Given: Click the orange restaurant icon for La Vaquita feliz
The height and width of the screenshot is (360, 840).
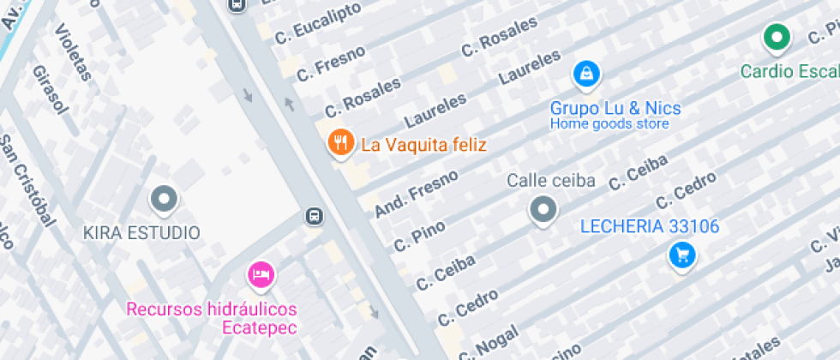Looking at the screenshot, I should [x=341, y=143].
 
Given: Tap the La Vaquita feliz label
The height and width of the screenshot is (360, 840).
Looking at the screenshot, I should [x=423, y=145].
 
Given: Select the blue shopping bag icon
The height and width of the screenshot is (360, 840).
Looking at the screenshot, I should [x=585, y=75].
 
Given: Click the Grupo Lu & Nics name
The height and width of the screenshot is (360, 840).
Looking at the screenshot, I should [x=615, y=108].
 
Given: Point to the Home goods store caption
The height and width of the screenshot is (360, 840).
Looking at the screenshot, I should [x=609, y=124].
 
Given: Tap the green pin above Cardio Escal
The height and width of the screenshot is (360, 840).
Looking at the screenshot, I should [x=777, y=38].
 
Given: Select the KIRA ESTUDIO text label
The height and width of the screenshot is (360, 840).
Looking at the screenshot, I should [x=141, y=232].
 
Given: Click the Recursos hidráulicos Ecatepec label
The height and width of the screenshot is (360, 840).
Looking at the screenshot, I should [x=212, y=318].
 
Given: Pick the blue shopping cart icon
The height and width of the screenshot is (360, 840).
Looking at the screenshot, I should [x=682, y=255].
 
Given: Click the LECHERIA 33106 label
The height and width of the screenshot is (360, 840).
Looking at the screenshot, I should [x=650, y=227].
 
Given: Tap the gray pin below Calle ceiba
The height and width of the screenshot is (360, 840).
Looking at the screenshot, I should [x=543, y=208].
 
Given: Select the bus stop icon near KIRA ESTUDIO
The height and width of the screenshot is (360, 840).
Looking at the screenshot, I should [x=315, y=216].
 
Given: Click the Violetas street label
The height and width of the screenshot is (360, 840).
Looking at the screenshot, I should [x=73, y=51].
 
